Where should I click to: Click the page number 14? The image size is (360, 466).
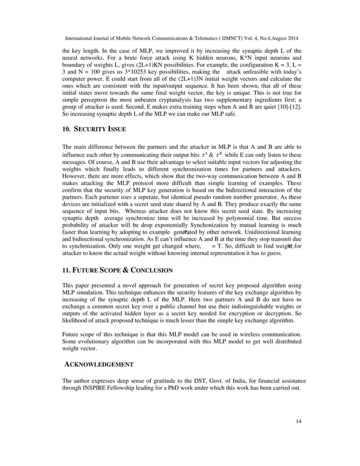click(298, 437)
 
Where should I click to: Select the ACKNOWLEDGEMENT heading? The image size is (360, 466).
click(100, 364)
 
